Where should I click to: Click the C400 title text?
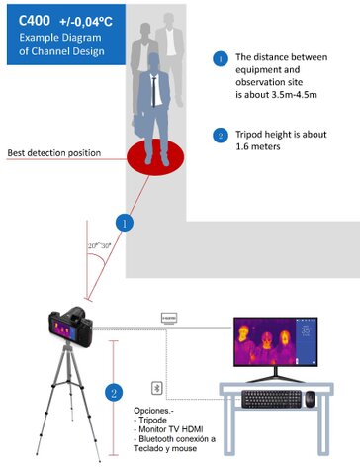pos(31,20)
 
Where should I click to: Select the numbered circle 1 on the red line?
pos(124,224)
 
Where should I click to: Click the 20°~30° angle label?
pos(100,244)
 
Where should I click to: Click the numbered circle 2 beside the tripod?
pos(115,394)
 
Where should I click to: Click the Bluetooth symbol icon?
pos(154,388)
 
